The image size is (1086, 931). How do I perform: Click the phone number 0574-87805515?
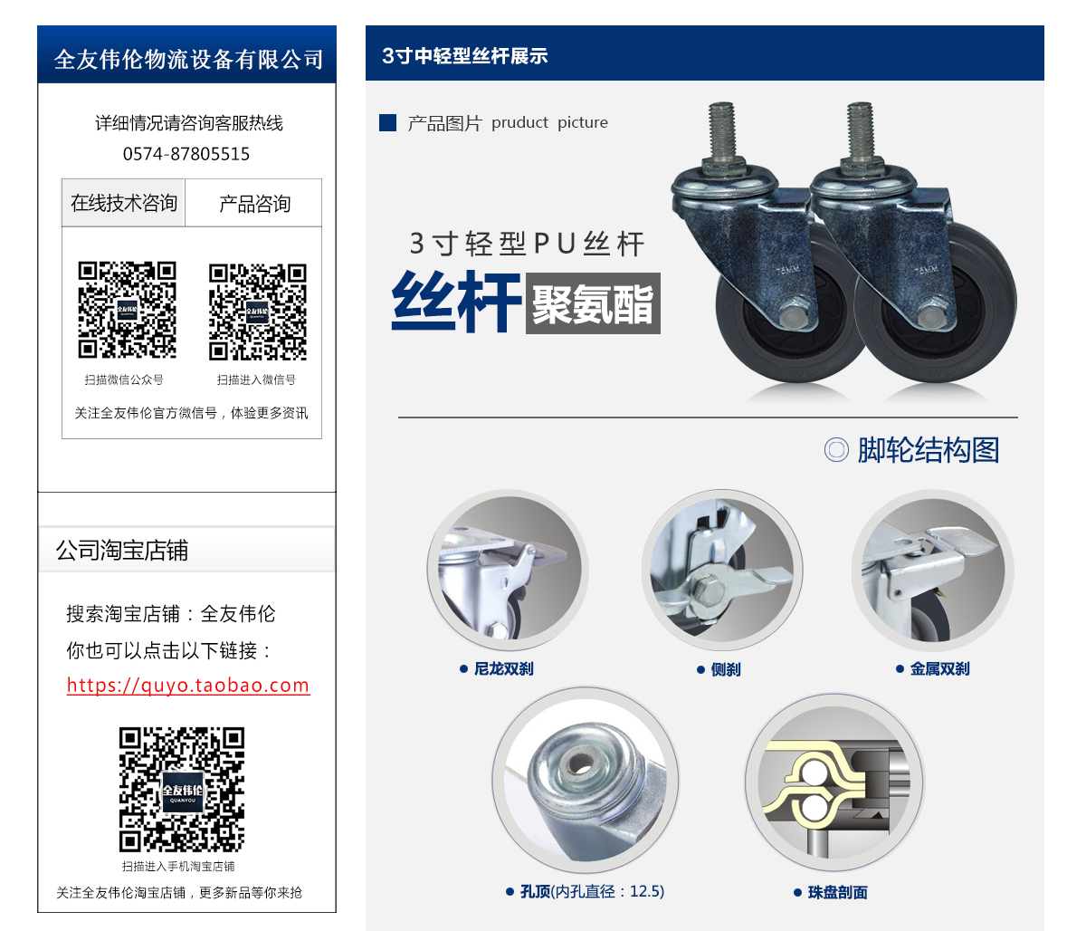coord(186,154)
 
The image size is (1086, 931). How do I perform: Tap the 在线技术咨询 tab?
coord(124,203)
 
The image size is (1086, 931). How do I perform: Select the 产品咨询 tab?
coord(254,204)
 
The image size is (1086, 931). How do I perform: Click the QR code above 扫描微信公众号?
coord(127,310)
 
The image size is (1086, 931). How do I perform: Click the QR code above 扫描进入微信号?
coord(258,312)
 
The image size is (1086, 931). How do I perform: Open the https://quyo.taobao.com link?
coord(188,686)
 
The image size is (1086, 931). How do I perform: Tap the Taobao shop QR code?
coord(182,789)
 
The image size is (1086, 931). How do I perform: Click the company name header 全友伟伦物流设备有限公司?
coord(188,59)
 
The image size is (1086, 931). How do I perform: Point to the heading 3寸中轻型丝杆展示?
coord(465,56)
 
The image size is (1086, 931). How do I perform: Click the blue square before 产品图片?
coord(388,122)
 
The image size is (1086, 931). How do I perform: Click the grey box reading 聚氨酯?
coord(593,304)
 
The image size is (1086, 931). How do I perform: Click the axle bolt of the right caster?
coord(934,316)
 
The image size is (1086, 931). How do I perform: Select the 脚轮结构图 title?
coord(928,450)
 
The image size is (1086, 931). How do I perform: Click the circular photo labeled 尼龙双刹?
coord(508,570)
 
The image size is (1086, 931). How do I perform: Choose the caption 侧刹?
coord(725,669)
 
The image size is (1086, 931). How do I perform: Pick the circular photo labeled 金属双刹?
coord(932,570)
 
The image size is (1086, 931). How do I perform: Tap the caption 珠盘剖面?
coord(837,893)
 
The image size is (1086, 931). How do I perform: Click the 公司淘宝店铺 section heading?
coord(122,551)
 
